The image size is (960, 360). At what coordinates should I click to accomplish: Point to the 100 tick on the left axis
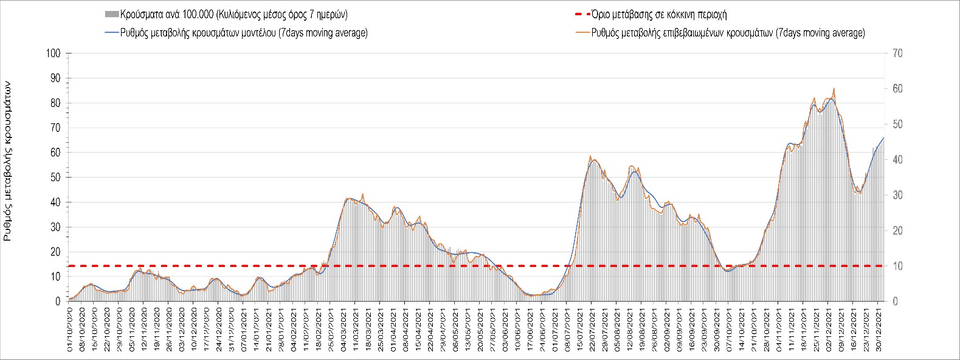point(53,54)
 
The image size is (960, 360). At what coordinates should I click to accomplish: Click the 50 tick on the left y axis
point(55,178)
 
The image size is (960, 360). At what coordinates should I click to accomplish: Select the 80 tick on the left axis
point(55,103)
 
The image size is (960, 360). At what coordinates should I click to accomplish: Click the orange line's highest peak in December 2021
point(834,89)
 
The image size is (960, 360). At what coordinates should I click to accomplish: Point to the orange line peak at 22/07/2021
point(590,156)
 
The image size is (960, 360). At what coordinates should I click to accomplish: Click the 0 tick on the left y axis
point(58,302)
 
